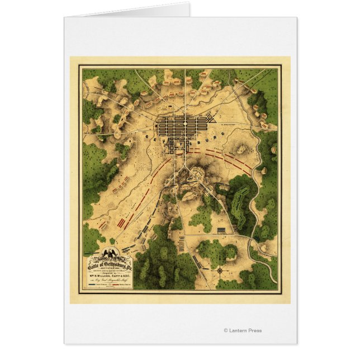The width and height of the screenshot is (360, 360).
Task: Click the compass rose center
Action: coord(220,269)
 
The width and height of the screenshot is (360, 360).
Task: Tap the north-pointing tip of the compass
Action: coord(220,264)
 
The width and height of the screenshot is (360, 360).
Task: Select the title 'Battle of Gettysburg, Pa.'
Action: coord(108,265)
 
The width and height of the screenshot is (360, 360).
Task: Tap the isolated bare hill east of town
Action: coord(241,148)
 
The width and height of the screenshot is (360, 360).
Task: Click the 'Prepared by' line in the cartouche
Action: coord(106,271)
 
